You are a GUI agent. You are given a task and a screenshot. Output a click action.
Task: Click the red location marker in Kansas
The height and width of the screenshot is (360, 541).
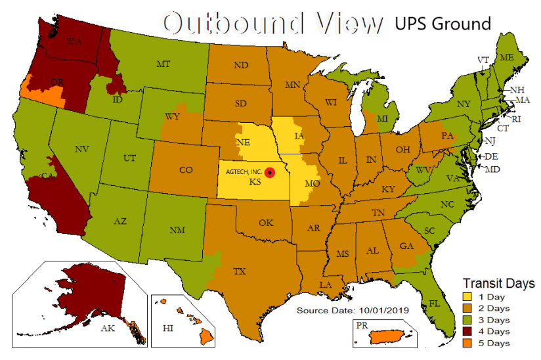(269, 171)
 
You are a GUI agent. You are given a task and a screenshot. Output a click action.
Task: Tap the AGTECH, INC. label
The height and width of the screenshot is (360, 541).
(244, 171)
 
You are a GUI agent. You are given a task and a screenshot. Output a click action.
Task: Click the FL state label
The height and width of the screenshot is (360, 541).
(434, 304)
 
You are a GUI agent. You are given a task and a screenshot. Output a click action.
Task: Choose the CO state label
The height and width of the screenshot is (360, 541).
(185, 170)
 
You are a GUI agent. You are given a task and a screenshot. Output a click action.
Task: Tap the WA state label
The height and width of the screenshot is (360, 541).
(74, 41)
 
